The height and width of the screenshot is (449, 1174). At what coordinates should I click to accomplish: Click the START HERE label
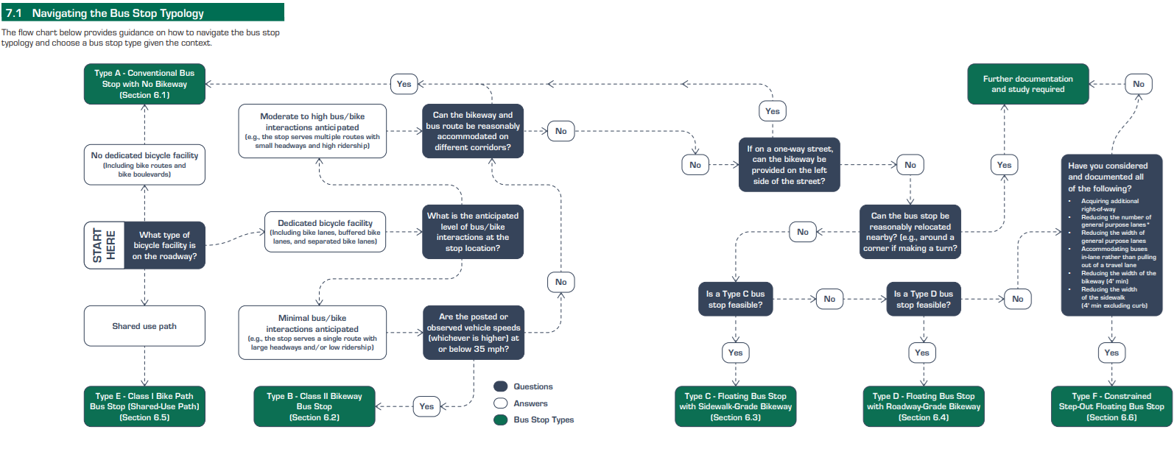[104, 245]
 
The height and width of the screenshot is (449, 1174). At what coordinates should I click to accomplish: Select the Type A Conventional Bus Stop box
[144, 84]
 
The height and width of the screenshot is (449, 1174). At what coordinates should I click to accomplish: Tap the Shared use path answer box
[144, 326]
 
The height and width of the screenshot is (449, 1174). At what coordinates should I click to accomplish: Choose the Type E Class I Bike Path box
[144, 406]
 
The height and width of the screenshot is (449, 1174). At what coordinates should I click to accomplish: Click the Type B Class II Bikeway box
[314, 406]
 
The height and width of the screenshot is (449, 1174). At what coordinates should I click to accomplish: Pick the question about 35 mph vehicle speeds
[473, 333]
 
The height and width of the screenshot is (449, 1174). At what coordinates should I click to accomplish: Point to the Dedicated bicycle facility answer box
[325, 232]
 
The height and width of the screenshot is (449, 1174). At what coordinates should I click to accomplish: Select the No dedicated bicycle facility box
[144, 164]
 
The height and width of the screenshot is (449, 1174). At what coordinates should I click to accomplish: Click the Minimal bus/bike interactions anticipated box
[312, 333]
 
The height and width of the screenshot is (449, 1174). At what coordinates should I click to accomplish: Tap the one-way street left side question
[789, 165]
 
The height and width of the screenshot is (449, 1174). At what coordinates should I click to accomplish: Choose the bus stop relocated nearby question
[910, 232]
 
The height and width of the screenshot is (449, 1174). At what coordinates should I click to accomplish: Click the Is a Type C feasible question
[735, 299]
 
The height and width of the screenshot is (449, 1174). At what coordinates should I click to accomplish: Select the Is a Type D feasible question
[923, 299]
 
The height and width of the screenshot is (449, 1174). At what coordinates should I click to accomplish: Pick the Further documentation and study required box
[1027, 84]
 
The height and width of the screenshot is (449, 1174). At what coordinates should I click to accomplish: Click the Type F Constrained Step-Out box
[1111, 406]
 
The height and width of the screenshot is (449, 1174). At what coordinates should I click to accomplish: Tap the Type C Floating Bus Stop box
[735, 406]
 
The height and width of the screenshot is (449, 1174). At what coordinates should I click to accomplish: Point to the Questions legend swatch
[501, 386]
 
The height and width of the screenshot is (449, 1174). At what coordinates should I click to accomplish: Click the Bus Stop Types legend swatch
[501, 420]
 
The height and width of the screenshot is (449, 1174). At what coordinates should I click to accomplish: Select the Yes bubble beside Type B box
[426, 406]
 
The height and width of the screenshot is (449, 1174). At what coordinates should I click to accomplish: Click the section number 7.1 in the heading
[14, 13]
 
